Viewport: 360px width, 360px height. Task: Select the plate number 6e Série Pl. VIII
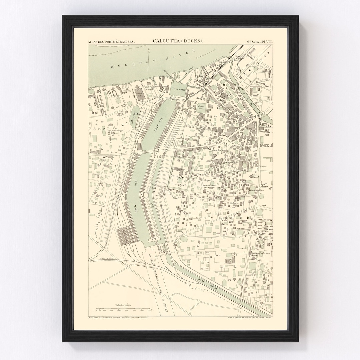[x=259, y=41]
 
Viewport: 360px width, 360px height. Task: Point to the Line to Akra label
[x=106, y=258]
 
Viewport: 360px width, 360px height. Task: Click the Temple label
[x=182, y=184]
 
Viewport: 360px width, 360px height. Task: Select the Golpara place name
[x=233, y=203]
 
